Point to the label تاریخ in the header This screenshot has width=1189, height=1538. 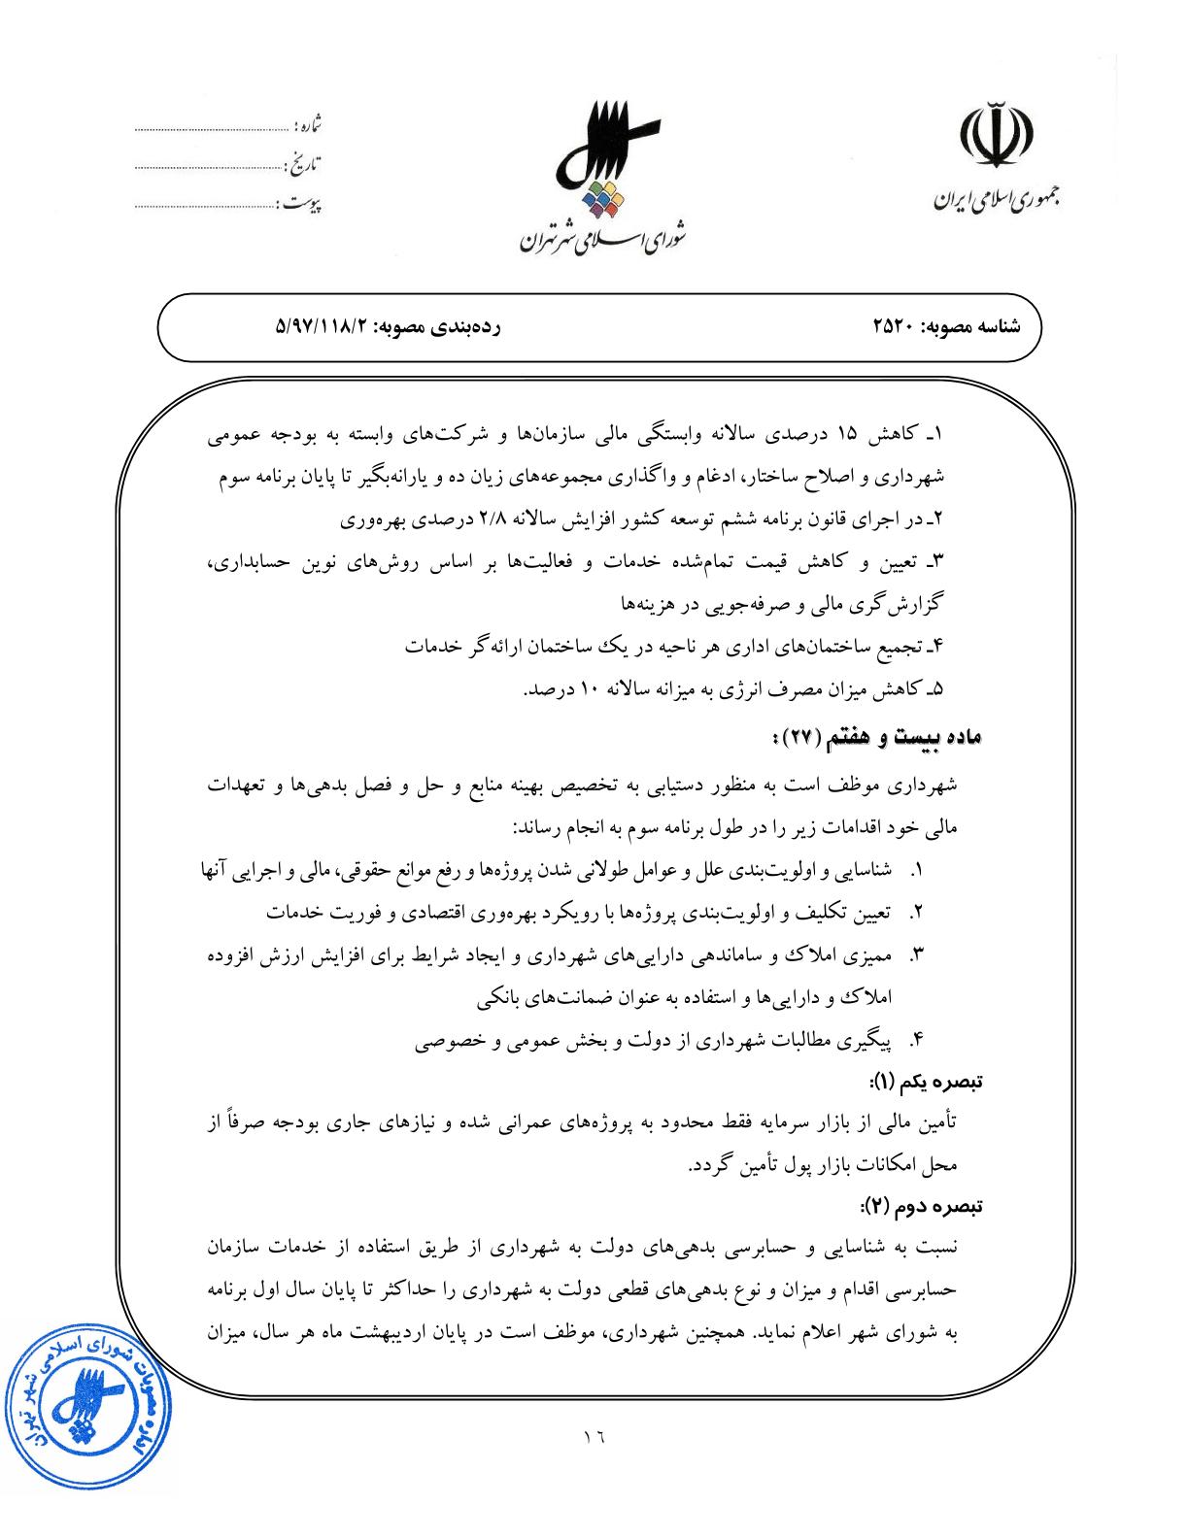305,165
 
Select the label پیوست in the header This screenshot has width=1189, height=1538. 301,205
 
